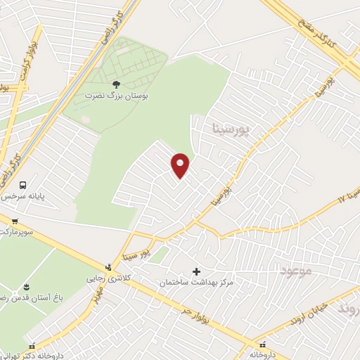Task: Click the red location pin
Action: coord(181,165)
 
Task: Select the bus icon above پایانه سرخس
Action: coord(23,186)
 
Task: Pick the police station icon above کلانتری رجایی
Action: coord(108,266)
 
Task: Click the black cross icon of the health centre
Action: coord(196,271)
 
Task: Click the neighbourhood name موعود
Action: coord(294,271)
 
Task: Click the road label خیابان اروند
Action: coord(310,314)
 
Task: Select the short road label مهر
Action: coord(93,297)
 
